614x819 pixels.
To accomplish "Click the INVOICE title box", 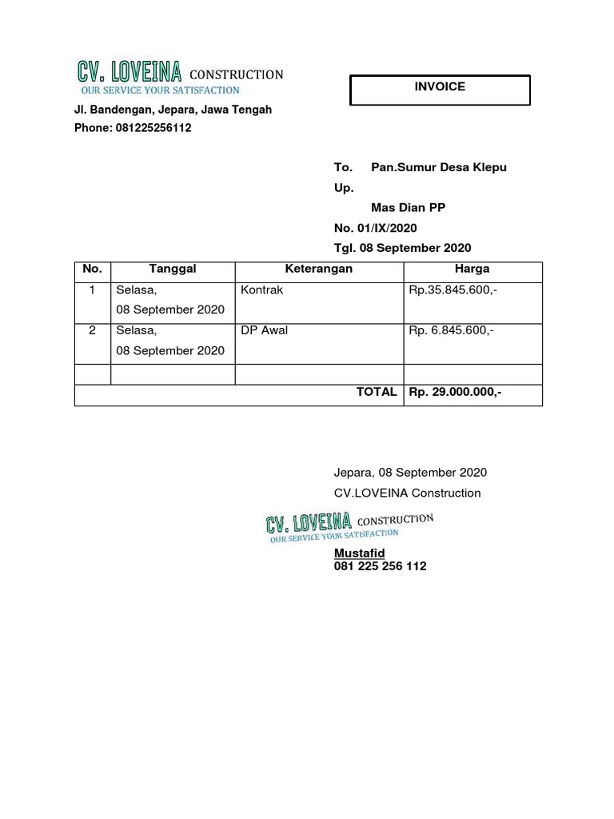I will pyautogui.click(x=440, y=89).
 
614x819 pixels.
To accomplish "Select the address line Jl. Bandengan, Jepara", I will pyautogui.click(x=173, y=110).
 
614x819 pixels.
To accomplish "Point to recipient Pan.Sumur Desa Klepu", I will pyautogui.click(x=439, y=167).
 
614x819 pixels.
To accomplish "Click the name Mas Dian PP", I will pyautogui.click(x=408, y=207).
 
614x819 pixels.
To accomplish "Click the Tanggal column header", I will pyautogui.click(x=173, y=270).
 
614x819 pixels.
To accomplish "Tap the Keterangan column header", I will pyautogui.click(x=319, y=270).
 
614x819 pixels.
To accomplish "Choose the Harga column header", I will pyautogui.click(x=472, y=270).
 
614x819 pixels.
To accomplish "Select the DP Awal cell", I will pyautogui.click(x=264, y=330).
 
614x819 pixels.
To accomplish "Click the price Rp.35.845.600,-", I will pyautogui.click(x=453, y=290).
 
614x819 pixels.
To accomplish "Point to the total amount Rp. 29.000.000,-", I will pyautogui.click(x=455, y=392).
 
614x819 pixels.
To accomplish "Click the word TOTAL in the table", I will pyautogui.click(x=377, y=392).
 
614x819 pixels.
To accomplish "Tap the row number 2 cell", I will pyautogui.click(x=93, y=330).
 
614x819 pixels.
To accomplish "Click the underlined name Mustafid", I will pyautogui.click(x=359, y=553).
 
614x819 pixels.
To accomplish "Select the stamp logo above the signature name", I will pyautogui.click(x=349, y=528).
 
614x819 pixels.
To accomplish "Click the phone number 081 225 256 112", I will pyautogui.click(x=380, y=566).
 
